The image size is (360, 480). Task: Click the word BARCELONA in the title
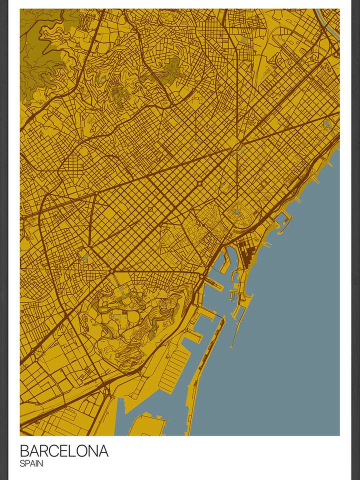click(x=64, y=451)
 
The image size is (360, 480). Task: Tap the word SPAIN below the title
click(x=31, y=464)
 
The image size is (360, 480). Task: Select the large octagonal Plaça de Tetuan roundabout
click(x=199, y=184)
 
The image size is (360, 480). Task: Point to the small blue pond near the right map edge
click(x=327, y=123)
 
